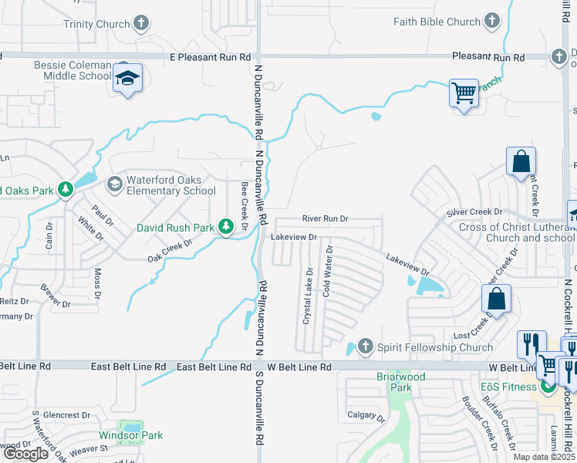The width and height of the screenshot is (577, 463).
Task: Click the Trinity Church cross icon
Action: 141,24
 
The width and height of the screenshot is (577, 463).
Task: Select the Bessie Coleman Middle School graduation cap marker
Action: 127,79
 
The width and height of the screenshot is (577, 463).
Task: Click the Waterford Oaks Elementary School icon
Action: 115,184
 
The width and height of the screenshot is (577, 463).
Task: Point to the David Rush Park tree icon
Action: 225,227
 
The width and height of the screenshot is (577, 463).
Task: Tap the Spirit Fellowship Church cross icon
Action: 366,347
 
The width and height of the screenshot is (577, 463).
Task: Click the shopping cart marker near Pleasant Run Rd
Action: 464,94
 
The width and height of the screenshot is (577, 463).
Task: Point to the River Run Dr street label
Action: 325,219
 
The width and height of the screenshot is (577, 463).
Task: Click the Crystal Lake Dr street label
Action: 307,296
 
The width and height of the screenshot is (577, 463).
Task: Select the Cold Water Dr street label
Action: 328,272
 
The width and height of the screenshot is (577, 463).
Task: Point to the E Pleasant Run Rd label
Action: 211,57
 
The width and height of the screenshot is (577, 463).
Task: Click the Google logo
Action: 25,454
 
